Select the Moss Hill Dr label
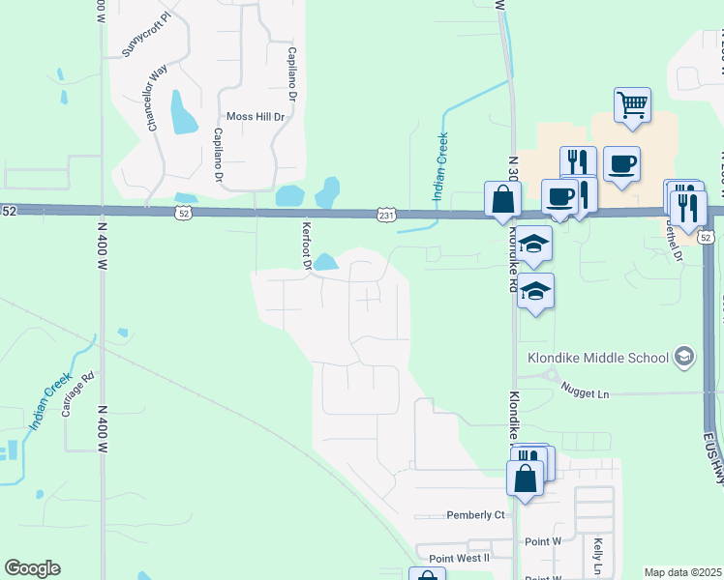click(256, 117)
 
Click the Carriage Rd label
click(78, 395)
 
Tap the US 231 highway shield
click(385, 215)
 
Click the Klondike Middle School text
click(598, 358)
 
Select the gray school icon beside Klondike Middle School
click(684, 357)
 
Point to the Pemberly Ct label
click(475, 515)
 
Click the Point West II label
click(460, 559)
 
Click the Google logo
click(32, 568)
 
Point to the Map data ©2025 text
click(682, 572)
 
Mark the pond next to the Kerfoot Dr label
click(325, 262)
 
